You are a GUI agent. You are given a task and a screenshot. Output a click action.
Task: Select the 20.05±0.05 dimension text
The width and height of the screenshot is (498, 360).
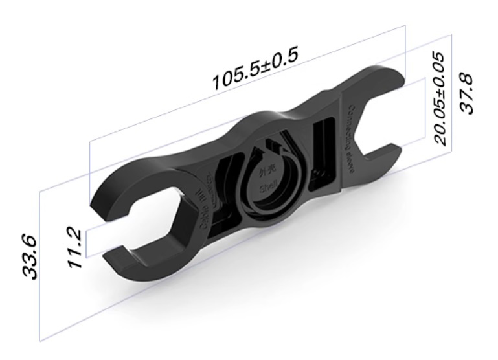click(x=440, y=98)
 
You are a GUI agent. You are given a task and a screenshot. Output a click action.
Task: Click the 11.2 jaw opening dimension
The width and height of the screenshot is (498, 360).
click(x=74, y=249)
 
